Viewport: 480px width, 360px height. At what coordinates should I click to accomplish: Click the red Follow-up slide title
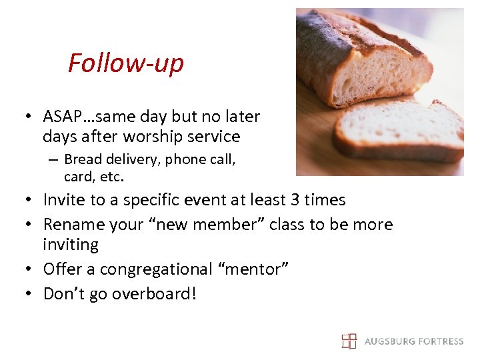(x=125, y=63)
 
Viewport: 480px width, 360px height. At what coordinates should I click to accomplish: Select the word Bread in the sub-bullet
(x=83, y=159)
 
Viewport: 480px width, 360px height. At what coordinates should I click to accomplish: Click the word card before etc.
(x=77, y=177)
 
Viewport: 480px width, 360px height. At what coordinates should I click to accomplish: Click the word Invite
(x=63, y=200)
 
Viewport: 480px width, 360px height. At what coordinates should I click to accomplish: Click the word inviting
(x=70, y=245)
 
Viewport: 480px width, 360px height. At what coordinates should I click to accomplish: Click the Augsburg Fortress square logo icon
(x=349, y=341)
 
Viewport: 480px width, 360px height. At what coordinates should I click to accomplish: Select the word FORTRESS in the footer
(x=439, y=341)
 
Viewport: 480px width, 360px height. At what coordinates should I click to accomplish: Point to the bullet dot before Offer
(x=31, y=270)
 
